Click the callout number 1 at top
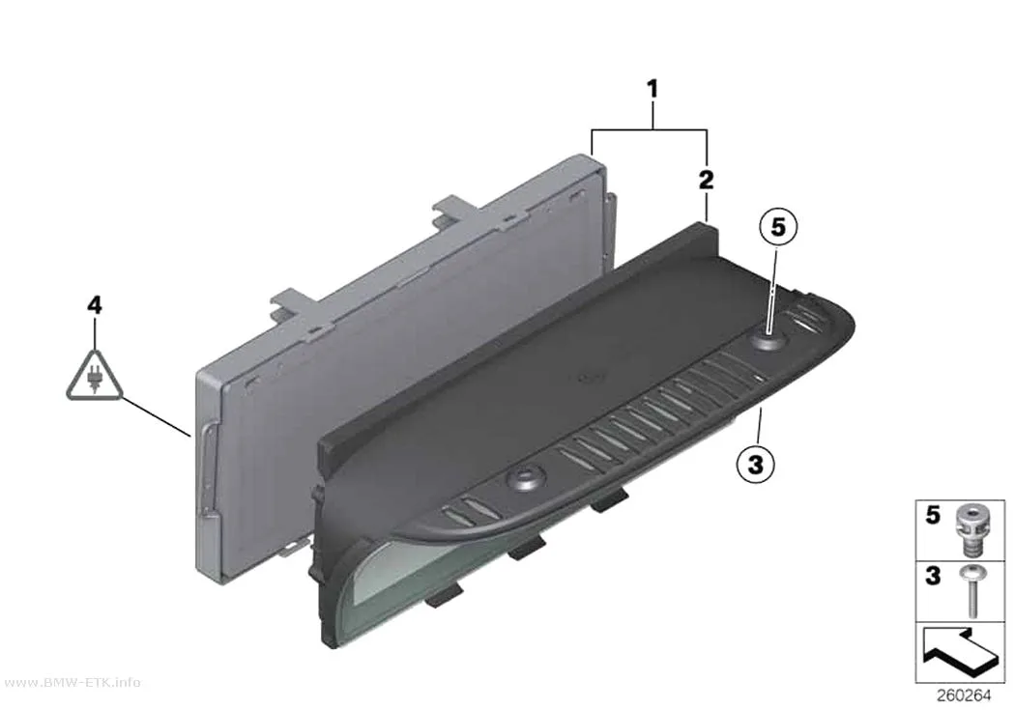click(x=652, y=89)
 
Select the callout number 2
click(x=707, y=179)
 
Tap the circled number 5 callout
click(x=778, y=227)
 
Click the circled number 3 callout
click(x=755, y=464)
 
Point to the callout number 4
click(x=95, y=304)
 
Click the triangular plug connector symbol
click(x=95, y=376)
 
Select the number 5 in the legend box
click(x=932, y=515)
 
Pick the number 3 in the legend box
click(x=932, y=575)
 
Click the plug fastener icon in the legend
click(x=970, y=530)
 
